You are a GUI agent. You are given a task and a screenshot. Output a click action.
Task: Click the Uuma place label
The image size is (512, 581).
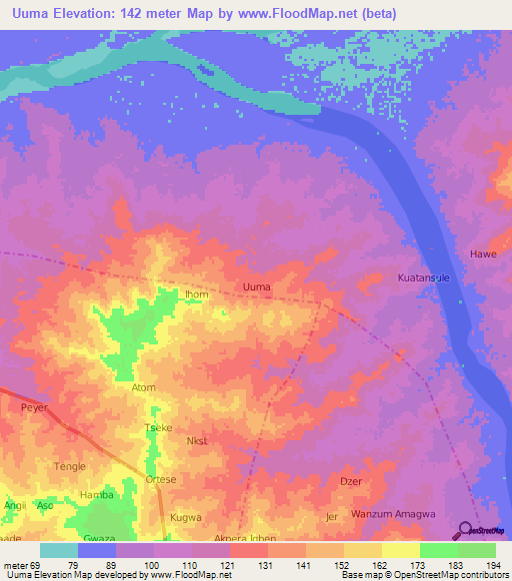pos(257,288)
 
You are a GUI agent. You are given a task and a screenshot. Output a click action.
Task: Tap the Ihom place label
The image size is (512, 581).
pos(196,294)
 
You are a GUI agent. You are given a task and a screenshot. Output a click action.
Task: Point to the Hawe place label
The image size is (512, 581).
pos(483,254)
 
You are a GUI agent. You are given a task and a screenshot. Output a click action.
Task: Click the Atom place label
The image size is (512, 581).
pos(144,387)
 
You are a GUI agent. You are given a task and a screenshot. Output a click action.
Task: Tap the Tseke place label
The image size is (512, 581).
pos(159,427)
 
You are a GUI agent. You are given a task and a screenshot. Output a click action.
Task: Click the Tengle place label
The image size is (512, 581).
pos(70,466)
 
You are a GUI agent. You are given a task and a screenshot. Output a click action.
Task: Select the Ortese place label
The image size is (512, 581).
pos(161,479)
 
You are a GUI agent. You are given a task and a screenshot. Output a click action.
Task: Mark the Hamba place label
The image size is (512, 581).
pos(97,494)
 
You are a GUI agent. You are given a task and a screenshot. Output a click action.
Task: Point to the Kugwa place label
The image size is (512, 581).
pos(186,518)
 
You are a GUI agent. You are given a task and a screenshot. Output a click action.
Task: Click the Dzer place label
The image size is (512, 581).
pos(350,481)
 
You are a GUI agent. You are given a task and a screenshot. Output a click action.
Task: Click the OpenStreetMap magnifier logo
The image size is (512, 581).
pos(468,529)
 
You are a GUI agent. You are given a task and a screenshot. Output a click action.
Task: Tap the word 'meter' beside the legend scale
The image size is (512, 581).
pos(14,565)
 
